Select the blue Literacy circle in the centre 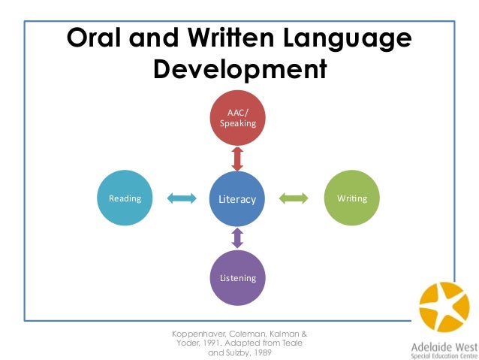coord(237,199)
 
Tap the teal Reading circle coord(125,199)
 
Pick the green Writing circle coord(351,199)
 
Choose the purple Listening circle coord(237,277)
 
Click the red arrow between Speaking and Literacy coord(237,159)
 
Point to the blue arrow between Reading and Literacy coord(180,199)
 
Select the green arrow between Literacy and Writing coord(294,199)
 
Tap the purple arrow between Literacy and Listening coord(237,239)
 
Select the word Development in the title coord(239,71)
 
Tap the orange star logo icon coord(444,308)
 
